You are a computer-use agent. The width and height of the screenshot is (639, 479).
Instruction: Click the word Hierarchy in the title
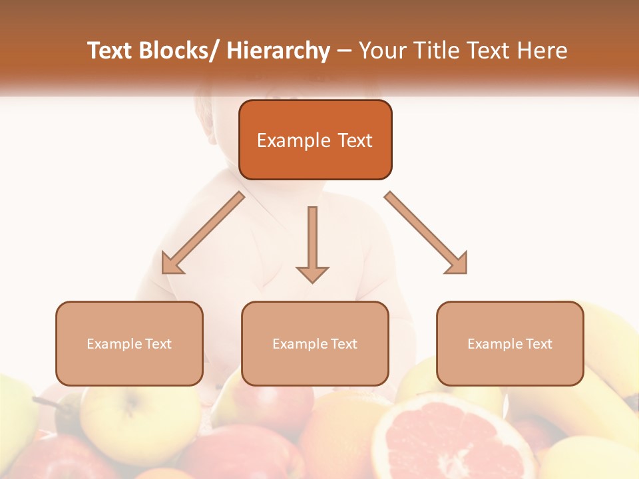point(278,51)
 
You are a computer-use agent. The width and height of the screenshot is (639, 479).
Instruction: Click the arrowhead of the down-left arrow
point(171,264)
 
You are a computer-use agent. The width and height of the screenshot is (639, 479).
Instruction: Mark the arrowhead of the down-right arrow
point(457,263)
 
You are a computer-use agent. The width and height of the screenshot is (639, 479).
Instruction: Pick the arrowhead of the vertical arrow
point(312,273)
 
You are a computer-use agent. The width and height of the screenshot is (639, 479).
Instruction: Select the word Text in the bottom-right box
point(538,344)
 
